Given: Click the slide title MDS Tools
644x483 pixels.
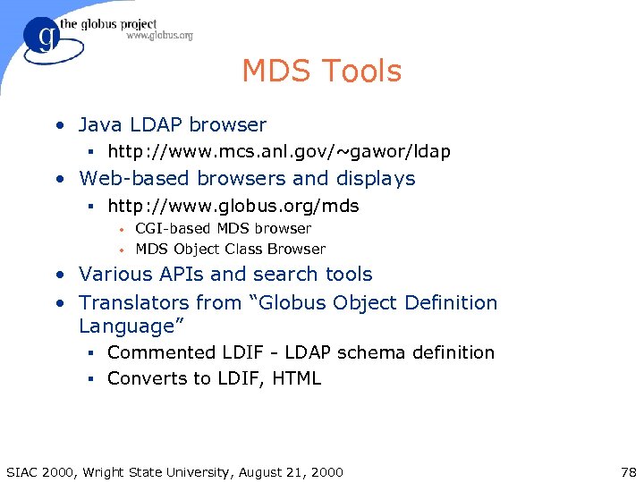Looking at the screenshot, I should [x=322, y=72].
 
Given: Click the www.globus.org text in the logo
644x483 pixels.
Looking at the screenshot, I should [x=159, y=36].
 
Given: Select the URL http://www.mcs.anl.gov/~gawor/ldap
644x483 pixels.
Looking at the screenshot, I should [x=279, y=152].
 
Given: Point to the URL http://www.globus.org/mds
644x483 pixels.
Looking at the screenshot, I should [x=233, y=207].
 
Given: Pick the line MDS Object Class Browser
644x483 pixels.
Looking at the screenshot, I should [x=230, y=250].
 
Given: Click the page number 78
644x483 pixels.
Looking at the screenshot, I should [x=626, y=471].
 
